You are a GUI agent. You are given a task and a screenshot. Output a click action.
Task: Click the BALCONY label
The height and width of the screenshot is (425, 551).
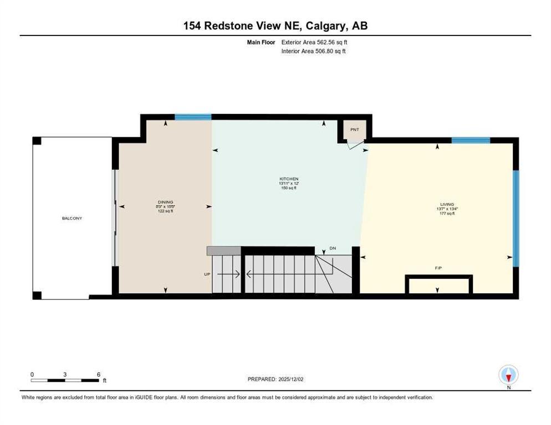coord(72,218)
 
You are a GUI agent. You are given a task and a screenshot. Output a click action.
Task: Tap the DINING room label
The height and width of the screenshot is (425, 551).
coord(165,202)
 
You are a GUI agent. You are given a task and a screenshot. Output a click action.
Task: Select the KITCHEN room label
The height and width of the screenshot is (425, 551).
coord(289,179)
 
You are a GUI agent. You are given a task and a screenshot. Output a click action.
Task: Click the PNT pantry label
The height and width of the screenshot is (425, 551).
coord(354,129)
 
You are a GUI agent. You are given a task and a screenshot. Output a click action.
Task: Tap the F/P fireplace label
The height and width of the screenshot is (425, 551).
coord(438,268)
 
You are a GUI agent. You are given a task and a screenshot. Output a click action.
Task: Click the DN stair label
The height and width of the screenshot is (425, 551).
coord(333,248)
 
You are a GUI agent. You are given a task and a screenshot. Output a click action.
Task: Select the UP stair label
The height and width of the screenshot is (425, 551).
coord(207,274)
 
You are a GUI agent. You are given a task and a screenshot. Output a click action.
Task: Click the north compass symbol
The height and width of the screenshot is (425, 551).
coord(508,376)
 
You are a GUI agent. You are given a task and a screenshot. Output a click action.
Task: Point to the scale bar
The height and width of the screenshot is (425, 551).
coord(65,380)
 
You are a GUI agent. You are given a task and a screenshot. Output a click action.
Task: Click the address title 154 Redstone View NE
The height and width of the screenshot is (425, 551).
coord(275,25)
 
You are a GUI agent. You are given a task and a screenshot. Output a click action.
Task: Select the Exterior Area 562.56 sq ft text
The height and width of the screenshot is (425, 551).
coord(314,42)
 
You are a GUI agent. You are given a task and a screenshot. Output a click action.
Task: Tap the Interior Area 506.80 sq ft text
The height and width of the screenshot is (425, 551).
coord(314,51)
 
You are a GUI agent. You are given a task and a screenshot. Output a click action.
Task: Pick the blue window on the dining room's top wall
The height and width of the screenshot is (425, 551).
coord(193,117)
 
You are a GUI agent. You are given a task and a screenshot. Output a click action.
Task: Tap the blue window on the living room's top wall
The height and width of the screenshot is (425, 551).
coord(471,141)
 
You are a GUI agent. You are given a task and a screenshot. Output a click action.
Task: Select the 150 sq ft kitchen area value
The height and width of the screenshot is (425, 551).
coord(289,188)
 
